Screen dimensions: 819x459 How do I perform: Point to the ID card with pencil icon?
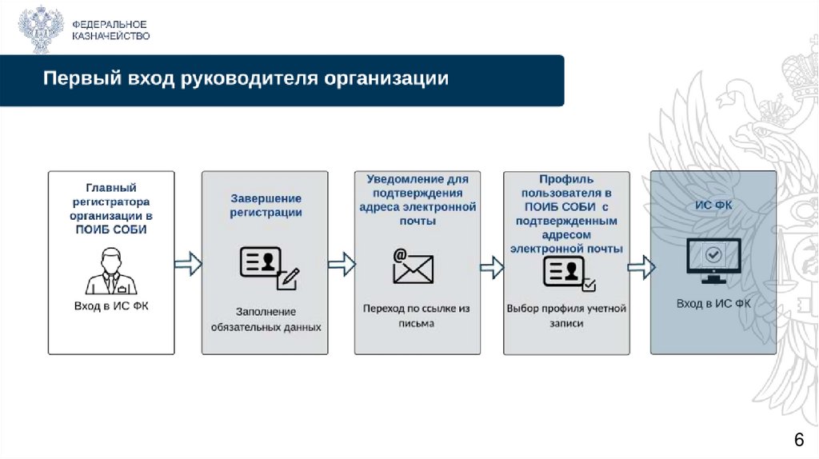point(269,266)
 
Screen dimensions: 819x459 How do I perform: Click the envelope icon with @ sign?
point(412,266)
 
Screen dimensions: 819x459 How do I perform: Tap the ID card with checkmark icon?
point(569,273)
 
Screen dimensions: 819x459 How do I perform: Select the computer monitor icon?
point(713,261)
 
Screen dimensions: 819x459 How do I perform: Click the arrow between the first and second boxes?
point(188,263)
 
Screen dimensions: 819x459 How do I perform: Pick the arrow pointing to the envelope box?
point(342,263)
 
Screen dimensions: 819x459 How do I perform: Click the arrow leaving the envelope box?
point(492,266)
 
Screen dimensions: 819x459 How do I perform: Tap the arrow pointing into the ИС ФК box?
point(641,266)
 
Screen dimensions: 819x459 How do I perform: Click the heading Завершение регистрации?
point(266,206)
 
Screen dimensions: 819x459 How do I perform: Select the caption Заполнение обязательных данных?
point(266,318)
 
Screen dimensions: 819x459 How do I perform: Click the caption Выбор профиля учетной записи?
point(566,315)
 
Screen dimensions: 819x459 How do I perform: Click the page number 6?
point(797,440)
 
